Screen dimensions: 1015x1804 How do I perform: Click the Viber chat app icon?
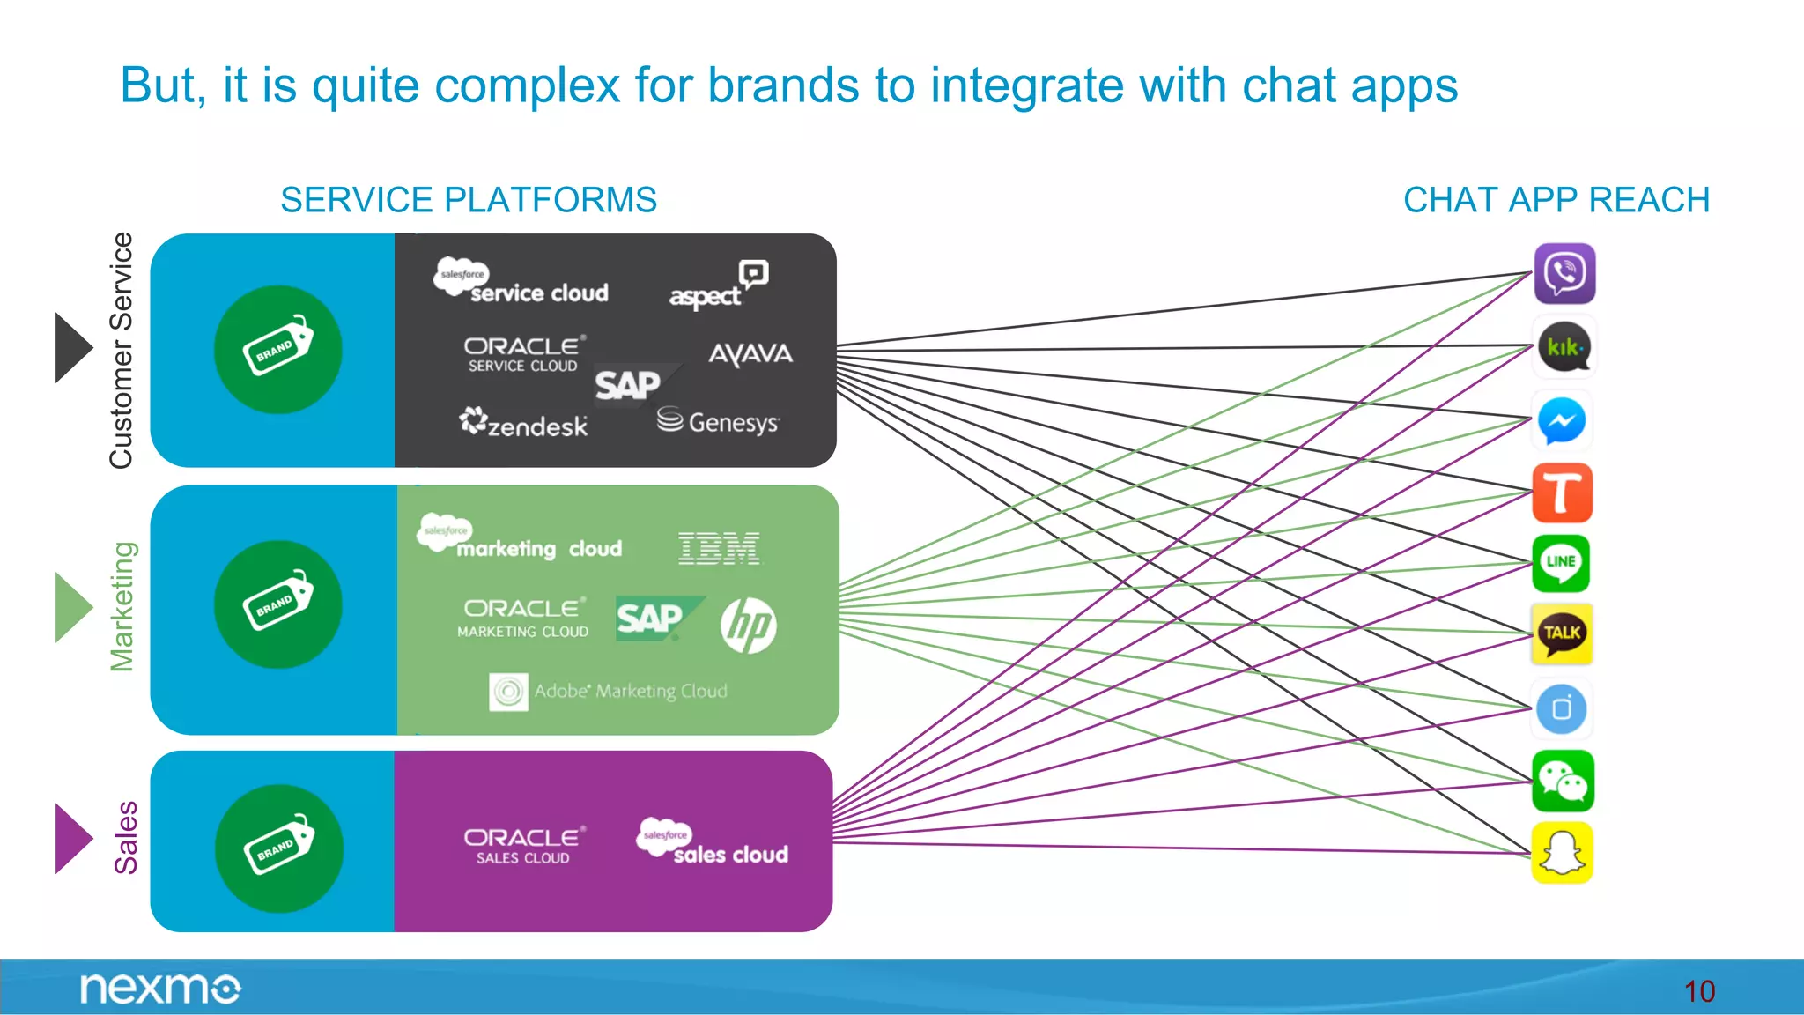(x=1564, y=274)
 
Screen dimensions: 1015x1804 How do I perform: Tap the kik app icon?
(x=1564, y=347)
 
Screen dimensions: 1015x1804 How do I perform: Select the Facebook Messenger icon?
(x=1562, y=421)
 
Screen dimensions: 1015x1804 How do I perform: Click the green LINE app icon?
(x=1561, y=564)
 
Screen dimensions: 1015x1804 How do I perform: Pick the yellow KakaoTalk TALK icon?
(x=1562, y=633)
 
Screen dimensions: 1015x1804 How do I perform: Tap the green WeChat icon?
(x=1563, y=781)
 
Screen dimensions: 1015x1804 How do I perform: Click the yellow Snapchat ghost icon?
(x=1562, y=853)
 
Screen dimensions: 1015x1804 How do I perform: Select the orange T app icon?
(x=1562, y=493)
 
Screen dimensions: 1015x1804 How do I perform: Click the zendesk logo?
(x=523, y=424)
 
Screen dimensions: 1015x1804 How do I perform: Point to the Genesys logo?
(x=718, y=422)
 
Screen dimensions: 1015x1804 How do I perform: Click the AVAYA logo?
(x=750, y=354)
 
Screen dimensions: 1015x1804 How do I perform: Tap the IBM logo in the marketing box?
(x=719, y=548)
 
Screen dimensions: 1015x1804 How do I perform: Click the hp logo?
(x=748, y=626)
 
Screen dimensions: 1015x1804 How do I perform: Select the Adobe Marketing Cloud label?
(x=610, y=692)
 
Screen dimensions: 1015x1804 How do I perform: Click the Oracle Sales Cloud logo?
(x=523, y=845)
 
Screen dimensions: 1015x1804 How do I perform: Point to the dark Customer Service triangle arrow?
(x=71, y=347)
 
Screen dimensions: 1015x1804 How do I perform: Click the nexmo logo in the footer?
(x=159, y=989)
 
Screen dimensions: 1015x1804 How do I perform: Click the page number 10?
(x=1699, y=992)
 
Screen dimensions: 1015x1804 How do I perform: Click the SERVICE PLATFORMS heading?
(x=469, y=200)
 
